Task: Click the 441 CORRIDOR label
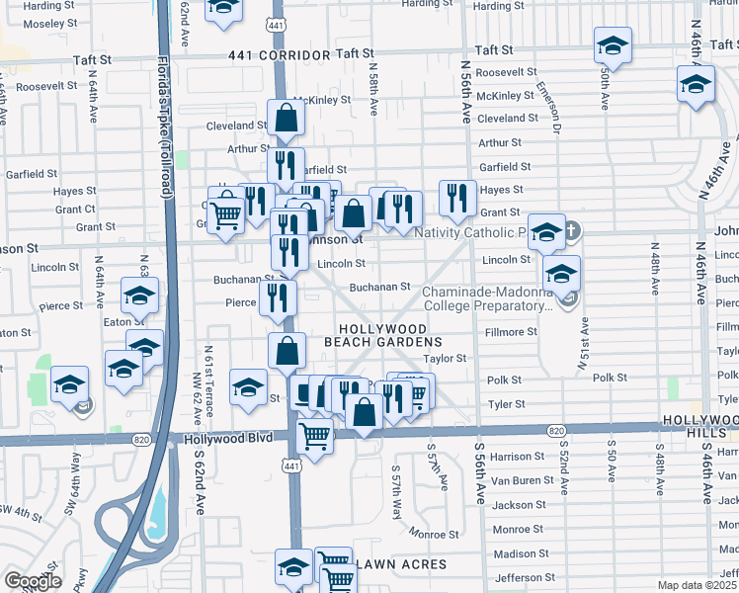[x=276, y=55]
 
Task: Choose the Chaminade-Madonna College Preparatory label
[x=486, y=298]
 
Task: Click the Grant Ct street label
[x=75, y=209]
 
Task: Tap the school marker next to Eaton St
[x=139, y=295]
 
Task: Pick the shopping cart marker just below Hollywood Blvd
[x=314, y=435]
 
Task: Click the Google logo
[x=32, y=581]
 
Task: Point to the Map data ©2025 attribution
[x=698, y=585]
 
